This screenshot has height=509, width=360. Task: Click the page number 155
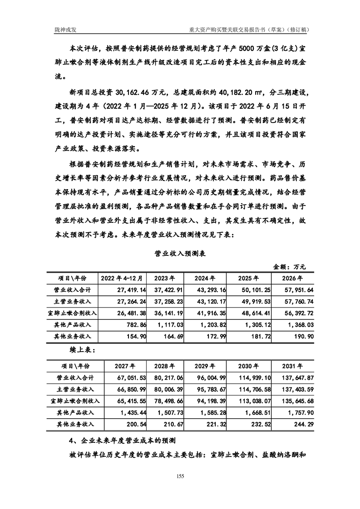tap(180, 476)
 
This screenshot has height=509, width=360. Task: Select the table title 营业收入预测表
tap(180, 254)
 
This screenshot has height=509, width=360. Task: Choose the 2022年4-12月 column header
tap(122, 278)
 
